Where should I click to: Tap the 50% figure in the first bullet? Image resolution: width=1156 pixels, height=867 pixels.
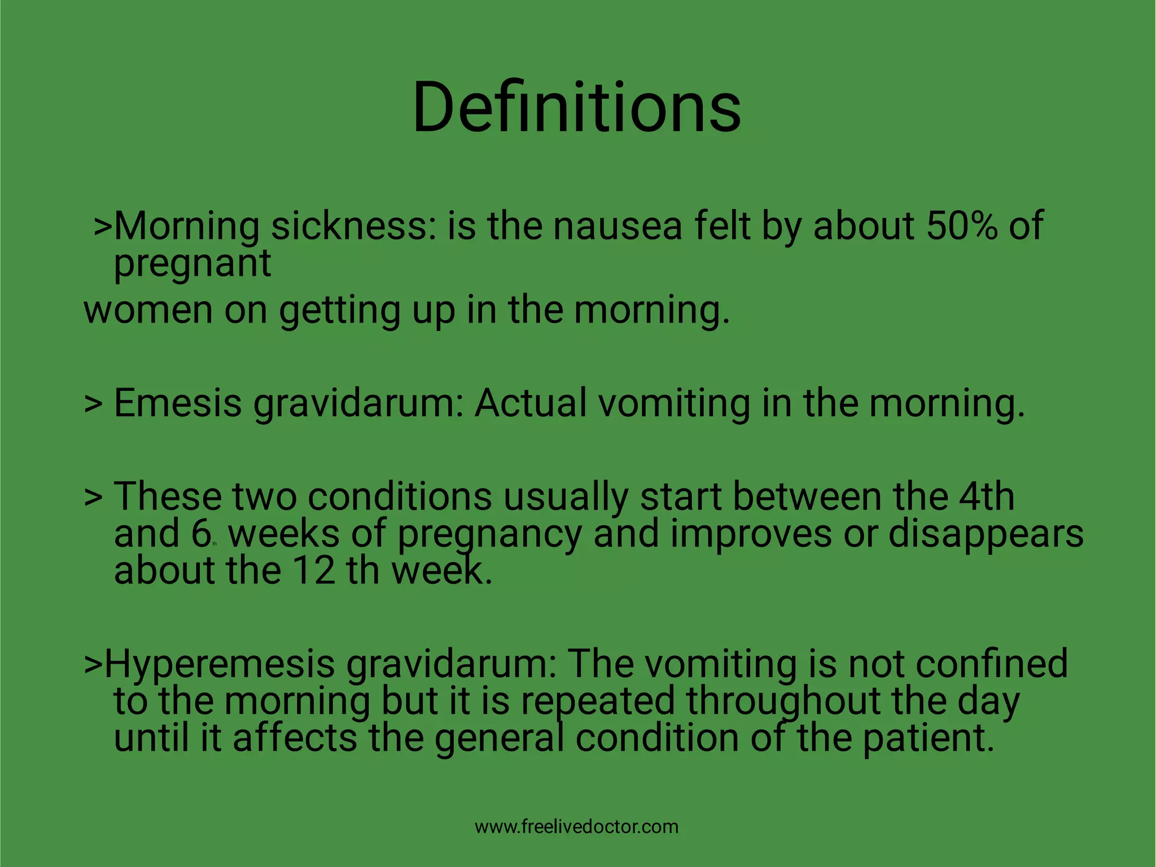point(961,225)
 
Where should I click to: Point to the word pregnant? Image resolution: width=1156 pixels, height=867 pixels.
point(192,264)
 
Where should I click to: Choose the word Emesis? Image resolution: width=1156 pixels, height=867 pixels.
point(177,403)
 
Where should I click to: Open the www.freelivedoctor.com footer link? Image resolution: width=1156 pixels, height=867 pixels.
point(576,827)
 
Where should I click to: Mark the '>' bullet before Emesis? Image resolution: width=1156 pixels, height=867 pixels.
point(93,404)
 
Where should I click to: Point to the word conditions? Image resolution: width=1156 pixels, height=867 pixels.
point(400,496)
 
